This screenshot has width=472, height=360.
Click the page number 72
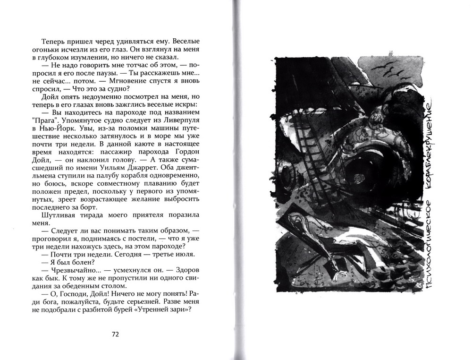(x=115, y=334)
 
